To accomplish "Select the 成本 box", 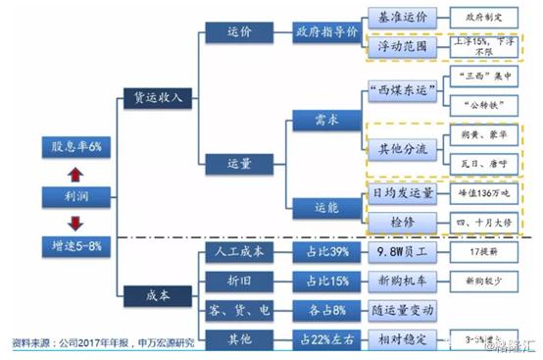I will tap(148, 291).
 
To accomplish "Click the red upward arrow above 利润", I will tap(75, 174).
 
